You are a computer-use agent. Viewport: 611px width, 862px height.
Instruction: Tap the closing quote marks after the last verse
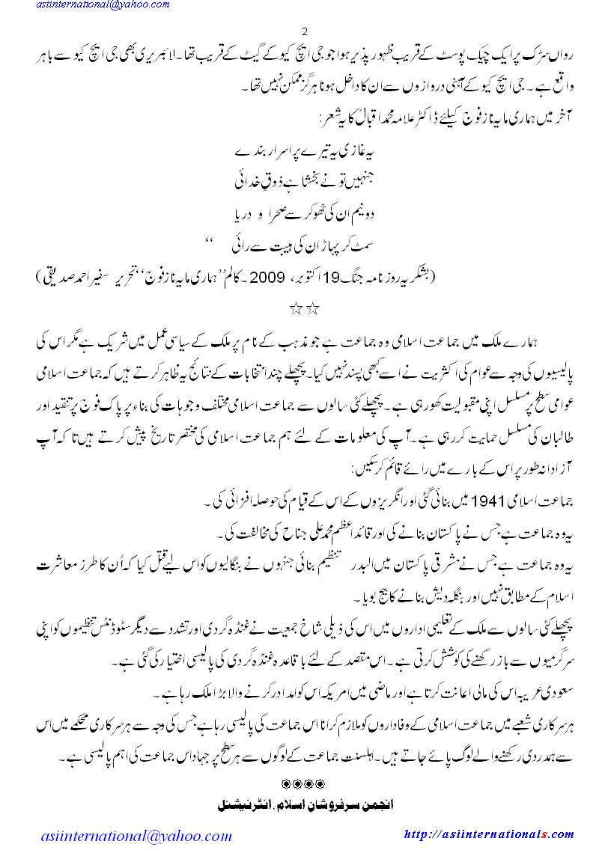210,241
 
